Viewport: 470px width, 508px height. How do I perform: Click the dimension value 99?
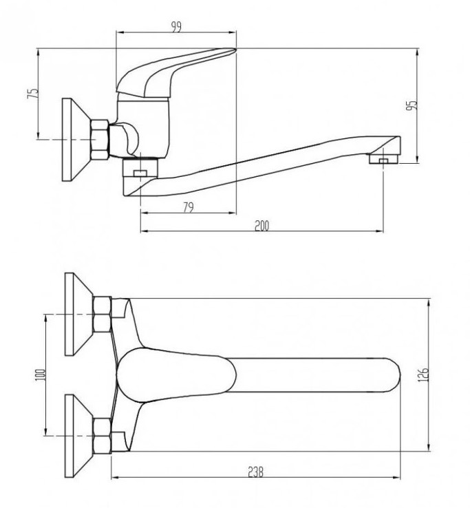[177, 27]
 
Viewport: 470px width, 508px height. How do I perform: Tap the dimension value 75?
[33, 94]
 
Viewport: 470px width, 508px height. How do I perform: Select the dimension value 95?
[412, 105]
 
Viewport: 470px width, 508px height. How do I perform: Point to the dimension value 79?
[189, 207]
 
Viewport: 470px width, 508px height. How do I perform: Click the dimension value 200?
[261, 226]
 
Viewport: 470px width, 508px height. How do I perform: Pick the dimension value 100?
[40, 375]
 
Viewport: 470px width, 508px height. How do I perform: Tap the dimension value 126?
[423, 374]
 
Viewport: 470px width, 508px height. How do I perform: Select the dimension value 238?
[256, 472]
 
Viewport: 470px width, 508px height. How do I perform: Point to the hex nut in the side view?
[100, 139]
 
